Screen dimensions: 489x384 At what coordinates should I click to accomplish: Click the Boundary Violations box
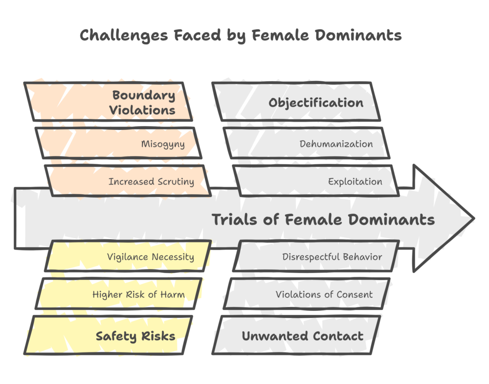tap(108, 102)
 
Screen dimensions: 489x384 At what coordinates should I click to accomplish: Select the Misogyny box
tap(118, 143)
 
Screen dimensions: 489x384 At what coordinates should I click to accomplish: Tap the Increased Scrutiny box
tap(128, 181)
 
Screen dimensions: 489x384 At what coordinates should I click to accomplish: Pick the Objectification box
tap(296, 102)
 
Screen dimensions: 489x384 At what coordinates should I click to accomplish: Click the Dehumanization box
tap(307, 143)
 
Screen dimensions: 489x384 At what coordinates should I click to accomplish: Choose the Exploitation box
tap(316, 181)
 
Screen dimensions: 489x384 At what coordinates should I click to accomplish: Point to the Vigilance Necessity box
tap(128, 256)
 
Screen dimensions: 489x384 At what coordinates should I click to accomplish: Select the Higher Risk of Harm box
tap(118, 294)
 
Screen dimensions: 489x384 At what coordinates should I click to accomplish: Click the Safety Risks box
tap(108, 335)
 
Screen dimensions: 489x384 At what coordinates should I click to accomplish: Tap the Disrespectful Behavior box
tap(316, 256)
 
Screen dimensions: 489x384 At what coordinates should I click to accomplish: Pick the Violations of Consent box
tap(307, 294)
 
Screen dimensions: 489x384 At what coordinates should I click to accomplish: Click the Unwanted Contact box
tap(296, 335)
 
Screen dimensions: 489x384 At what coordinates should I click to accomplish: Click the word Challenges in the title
tap(124, 35)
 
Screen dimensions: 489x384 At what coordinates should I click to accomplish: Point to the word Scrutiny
tap(176, 182)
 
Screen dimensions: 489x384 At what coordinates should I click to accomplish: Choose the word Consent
tap(354, 295)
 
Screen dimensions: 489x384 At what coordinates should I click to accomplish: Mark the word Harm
tap(172, 295)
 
